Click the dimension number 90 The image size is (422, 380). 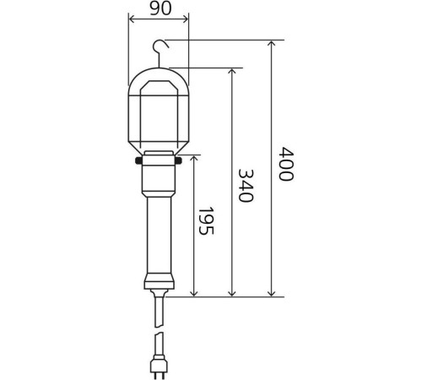[x=160, y=8]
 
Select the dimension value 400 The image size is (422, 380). [x=286, y=164]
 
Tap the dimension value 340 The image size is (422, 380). [x=246, y=186]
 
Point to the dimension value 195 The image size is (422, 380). [x=206, y=221]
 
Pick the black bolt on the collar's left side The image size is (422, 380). [x=138, y=160]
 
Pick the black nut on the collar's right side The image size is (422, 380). [x=178, y=160]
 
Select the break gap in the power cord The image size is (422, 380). [x=159, y=329]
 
